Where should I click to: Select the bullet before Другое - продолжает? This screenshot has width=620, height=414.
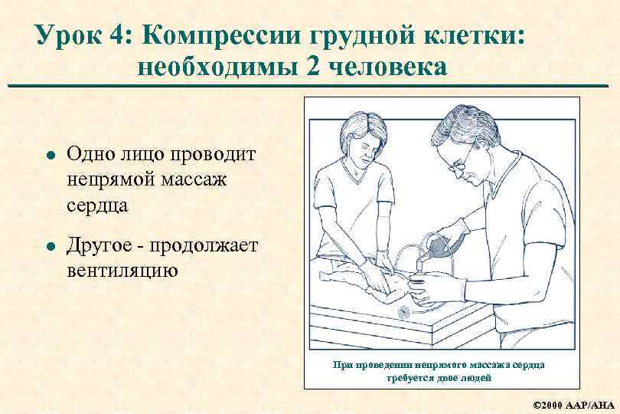click(51, 246)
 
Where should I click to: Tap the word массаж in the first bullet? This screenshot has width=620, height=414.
click(194, 180)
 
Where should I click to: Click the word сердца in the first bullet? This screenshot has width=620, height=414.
click(97, 206)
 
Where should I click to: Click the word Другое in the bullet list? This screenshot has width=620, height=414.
click(99, 245)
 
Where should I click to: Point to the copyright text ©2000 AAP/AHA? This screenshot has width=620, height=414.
click(573, 405)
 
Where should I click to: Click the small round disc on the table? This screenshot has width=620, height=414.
click(404, 313)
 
